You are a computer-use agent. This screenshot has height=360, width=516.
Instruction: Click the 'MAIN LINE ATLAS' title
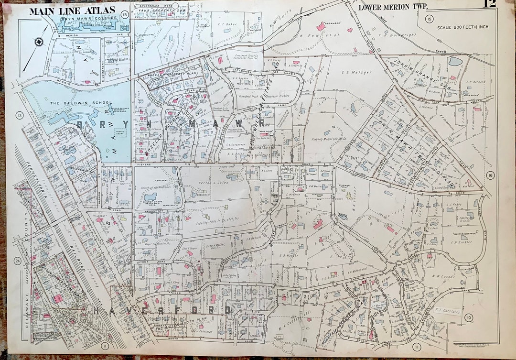tap(72, 11)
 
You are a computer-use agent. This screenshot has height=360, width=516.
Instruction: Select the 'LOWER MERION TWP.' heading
tap(393, 7)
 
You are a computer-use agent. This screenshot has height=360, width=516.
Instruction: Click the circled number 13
tap(20, 115)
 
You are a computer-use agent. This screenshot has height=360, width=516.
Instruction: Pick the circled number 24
tap(18, 261)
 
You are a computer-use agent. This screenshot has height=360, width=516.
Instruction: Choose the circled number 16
tap(490, 175)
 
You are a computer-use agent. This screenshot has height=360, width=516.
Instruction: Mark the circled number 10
tap(469, 317)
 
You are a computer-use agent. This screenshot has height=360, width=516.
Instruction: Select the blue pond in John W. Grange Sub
tap(455, 62)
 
